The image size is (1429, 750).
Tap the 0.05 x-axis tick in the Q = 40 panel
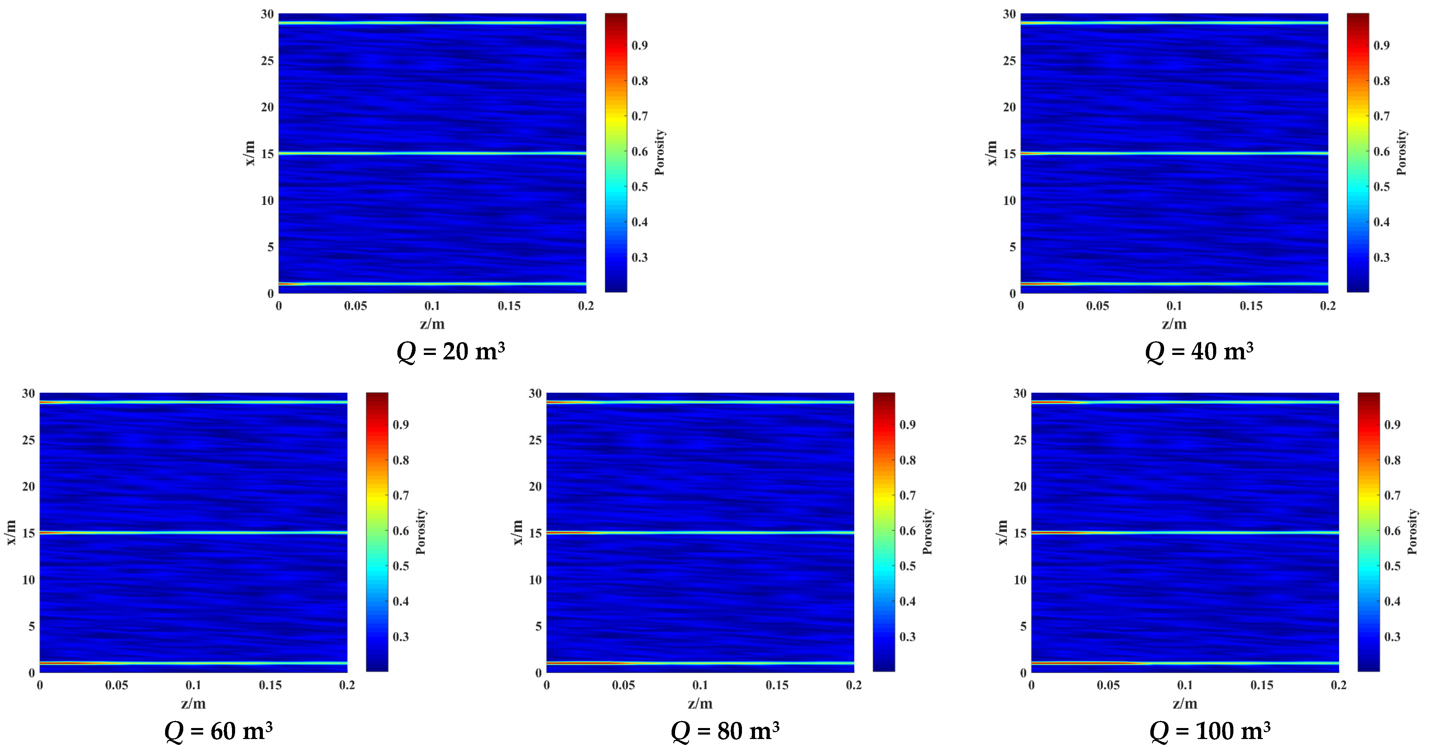(1097, 305)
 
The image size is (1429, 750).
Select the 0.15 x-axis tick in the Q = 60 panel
(270, 685)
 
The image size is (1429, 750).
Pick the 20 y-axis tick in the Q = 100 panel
(1020, 486)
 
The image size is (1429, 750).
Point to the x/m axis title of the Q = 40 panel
(992, 153)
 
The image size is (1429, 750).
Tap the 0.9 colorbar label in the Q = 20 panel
(640, 46)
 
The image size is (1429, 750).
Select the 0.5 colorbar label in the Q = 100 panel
(1392, 566)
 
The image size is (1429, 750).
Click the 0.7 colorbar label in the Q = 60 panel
(400, 495)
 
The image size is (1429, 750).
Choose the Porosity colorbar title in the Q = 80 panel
(928, 531)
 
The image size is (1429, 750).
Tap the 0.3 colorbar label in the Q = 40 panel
(1381, 257)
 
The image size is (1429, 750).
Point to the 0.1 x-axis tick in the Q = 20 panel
(432, 305)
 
